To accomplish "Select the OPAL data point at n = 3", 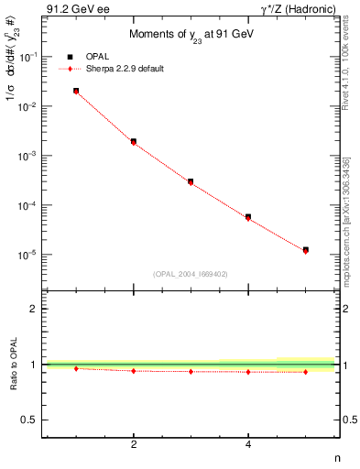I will (x=191, y=181).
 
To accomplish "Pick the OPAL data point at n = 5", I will (x=306, y=249).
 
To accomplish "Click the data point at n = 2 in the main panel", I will (x=133, y=141).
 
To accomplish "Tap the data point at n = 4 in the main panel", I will (x=248, y=217).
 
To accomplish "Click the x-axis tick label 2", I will (x=133, y=445).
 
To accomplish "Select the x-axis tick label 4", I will (x=248, y=445).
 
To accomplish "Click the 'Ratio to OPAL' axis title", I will (x=11, y=364).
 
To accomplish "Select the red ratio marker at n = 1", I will (x=75, y=368).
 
